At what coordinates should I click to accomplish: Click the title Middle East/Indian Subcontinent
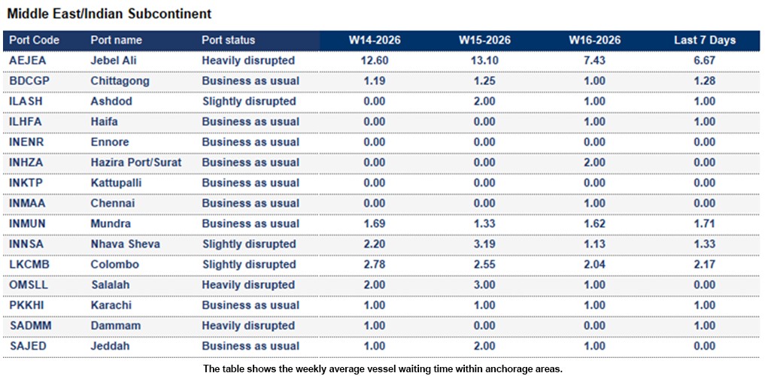click(x=109, y=14)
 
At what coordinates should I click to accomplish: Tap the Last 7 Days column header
click(x=704, y=40)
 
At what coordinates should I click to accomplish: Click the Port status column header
click(x=229, y=40)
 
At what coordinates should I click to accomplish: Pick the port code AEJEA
click(x=27, y=60)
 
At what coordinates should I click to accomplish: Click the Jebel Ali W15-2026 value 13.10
click(x=484, y=60)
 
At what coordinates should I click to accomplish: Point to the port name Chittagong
click(x=120, y=80)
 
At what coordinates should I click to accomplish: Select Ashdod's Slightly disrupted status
click(x=248, y=101)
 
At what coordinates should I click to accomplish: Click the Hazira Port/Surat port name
click(x=135, y=162)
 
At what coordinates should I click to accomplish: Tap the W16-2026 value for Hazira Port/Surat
click(x=593, y=162)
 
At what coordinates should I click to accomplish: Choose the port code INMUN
click(x=28, y=223)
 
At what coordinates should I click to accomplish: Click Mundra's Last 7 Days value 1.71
click(x=704, y=223)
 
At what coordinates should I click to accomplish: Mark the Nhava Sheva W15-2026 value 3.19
click(x=484, y=244)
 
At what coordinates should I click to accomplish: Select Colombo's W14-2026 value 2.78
click(x=374, y=265)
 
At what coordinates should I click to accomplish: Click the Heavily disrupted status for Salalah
click(x=248, y=285)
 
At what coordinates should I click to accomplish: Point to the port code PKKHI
click(x=26, y=305)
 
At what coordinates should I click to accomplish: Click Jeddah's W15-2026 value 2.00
click(x=484, y=346)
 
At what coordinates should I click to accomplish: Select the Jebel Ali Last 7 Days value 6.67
click(x=704, y=60)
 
